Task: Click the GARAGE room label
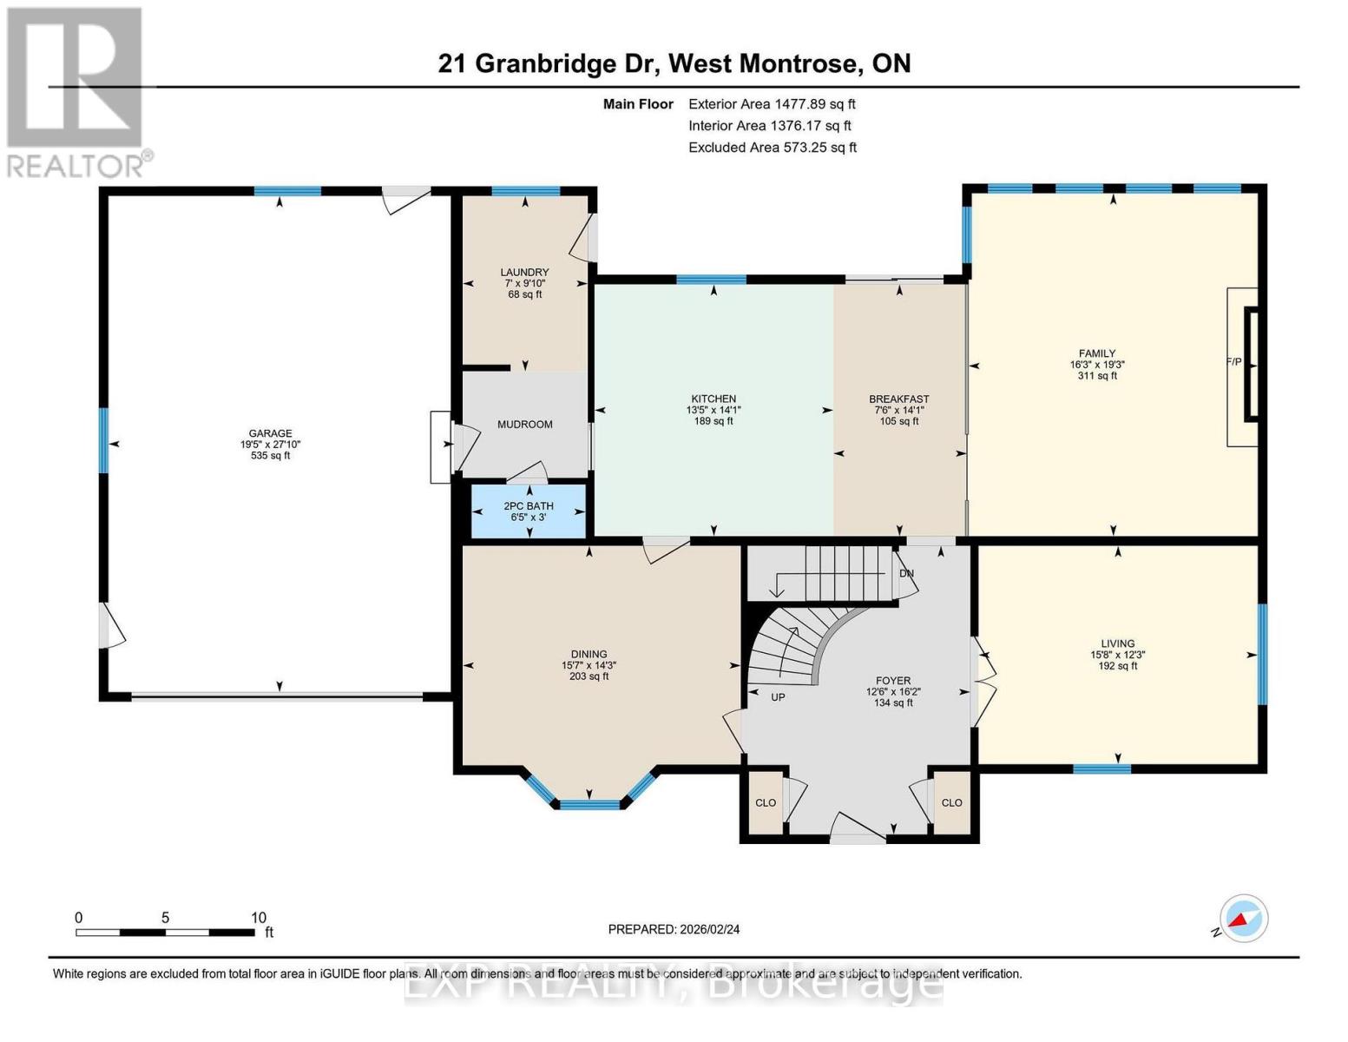(x=270, y=433)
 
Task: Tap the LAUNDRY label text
(x=525, y=272)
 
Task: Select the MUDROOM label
(x=525, y=425)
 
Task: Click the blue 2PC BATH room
(x=529, y=511)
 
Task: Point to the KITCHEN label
(x=713, y=399)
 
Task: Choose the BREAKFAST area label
(x=899, y=399)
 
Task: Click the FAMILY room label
(x=1097, y=353)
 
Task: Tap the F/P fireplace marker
(x=1233, y=361)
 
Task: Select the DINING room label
(x=589, y=654)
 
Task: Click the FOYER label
(x=893, y=681)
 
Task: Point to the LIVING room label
(x=1118, y=643)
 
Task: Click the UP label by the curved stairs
(x=778, y=697)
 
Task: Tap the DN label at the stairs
(x=906, y=573)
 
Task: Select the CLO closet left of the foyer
(x=766, y=802)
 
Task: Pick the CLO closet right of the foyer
(x=951, y=802)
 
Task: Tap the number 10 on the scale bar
(x=259, y=917)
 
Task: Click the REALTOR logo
(x=76, y=93)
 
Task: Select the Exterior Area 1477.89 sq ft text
(x=772, y=104)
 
